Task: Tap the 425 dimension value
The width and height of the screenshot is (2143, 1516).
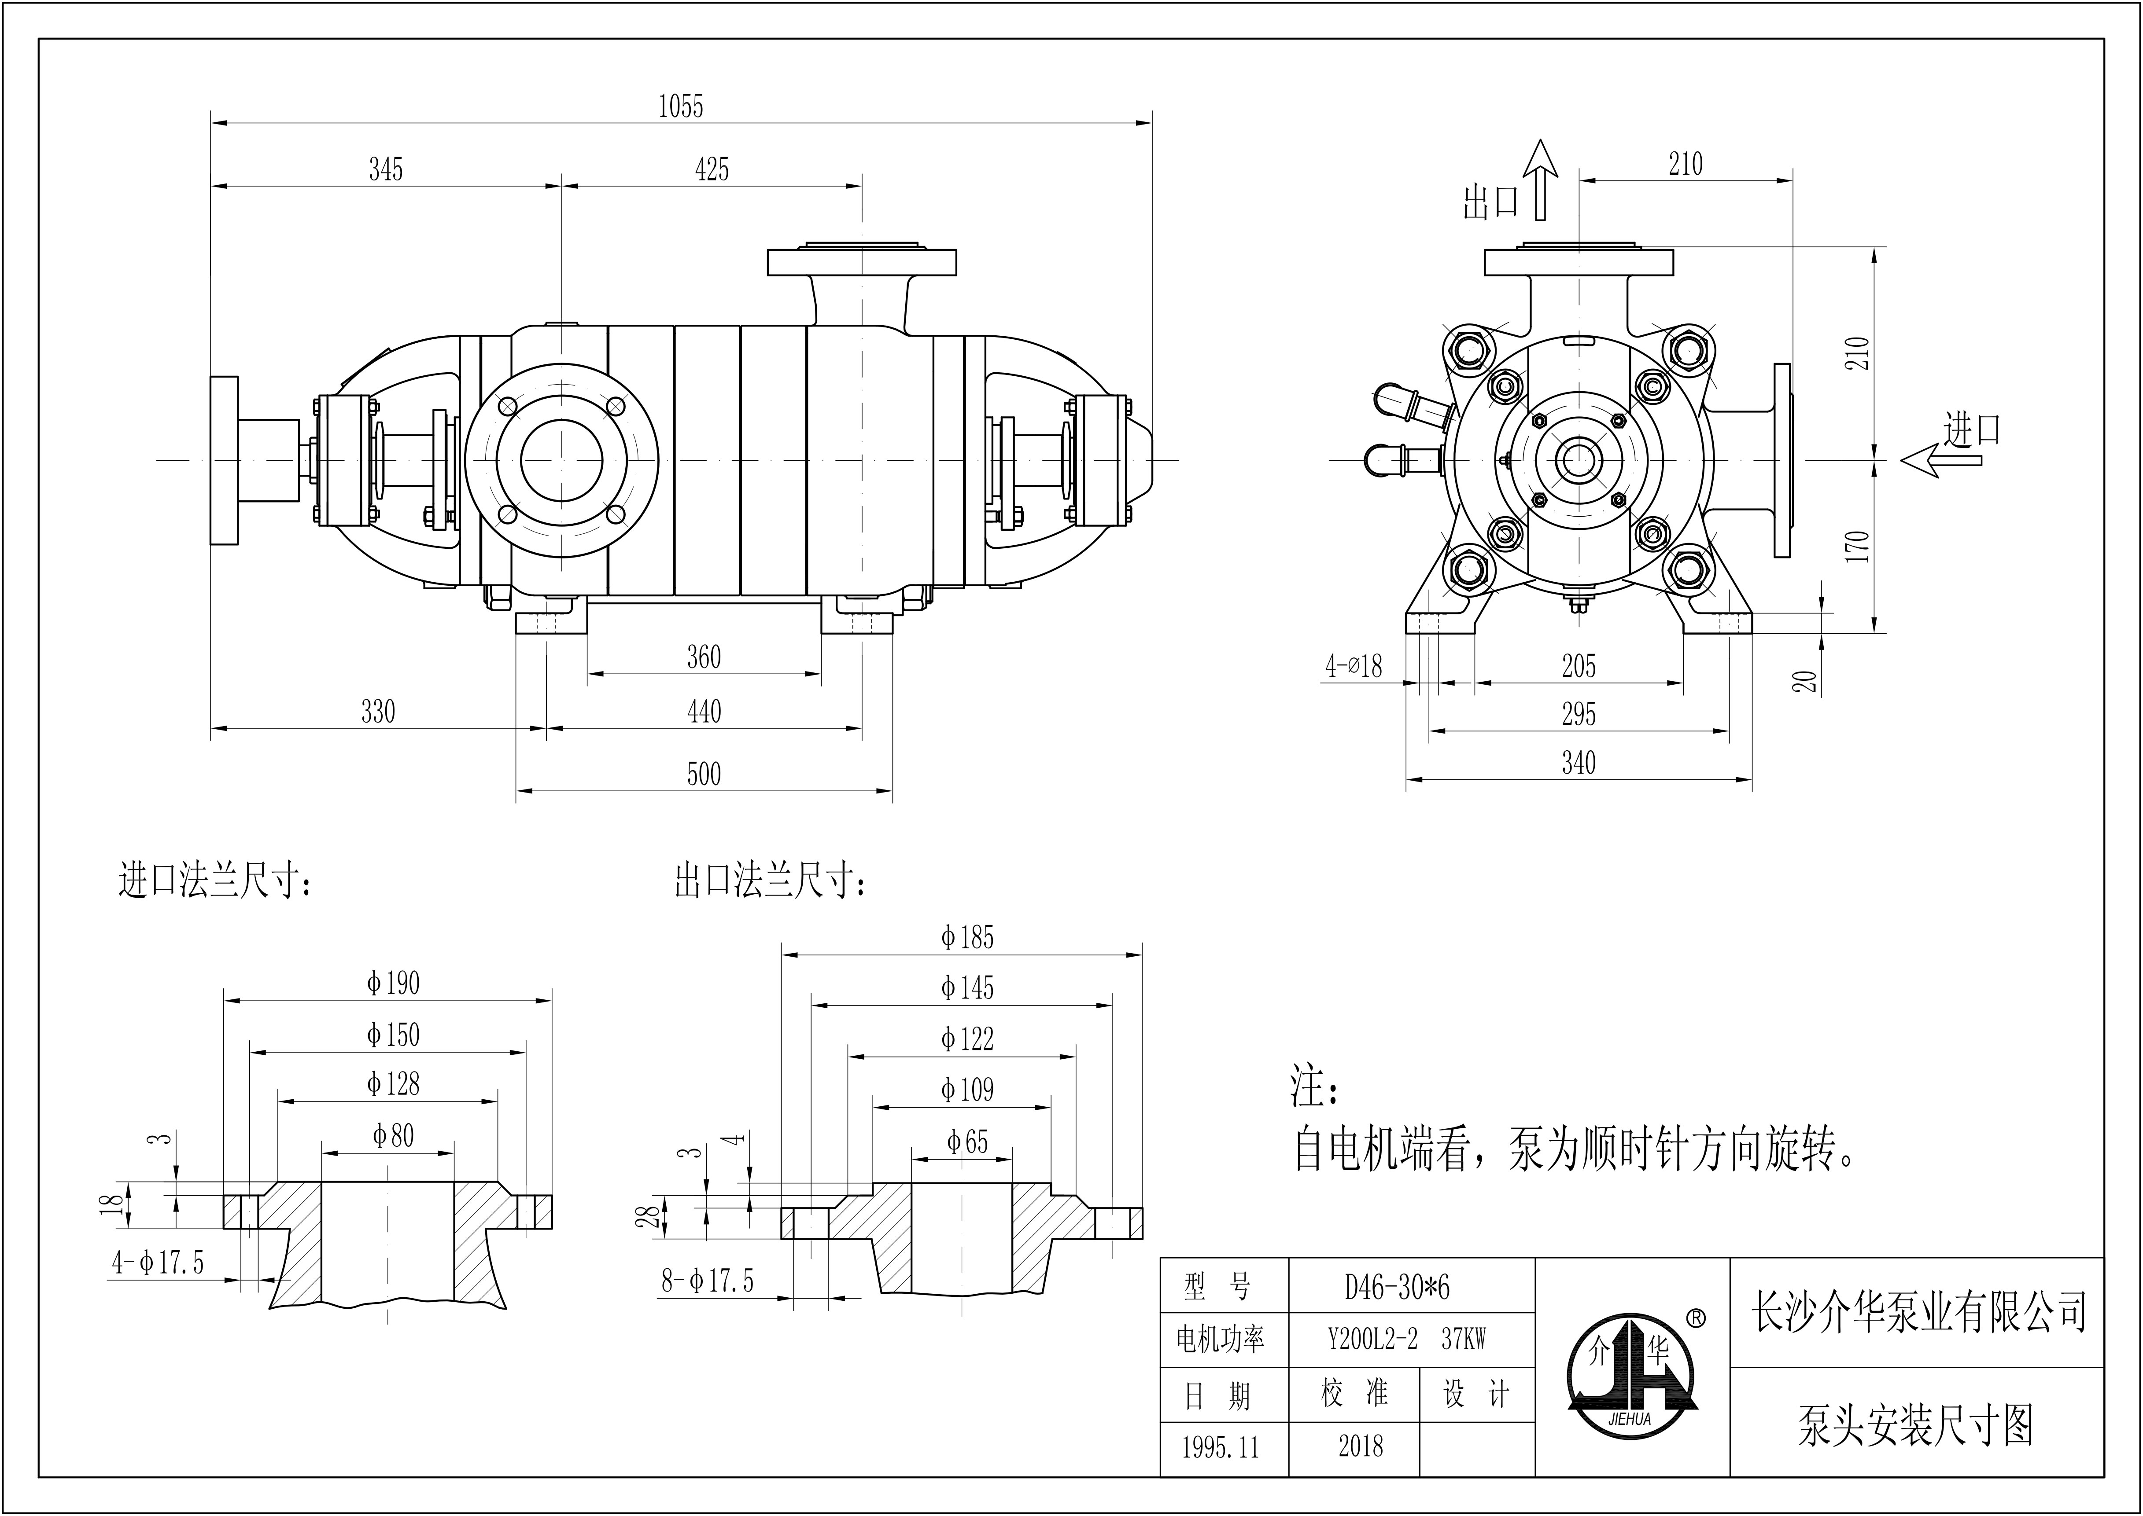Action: (x=712, y=170)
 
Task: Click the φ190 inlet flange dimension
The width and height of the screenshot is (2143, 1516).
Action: (x=393, y=983)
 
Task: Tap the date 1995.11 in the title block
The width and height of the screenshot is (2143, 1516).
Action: (x=1221, y=1448)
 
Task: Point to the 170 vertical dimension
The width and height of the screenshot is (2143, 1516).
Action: (x=1858, y=546)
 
